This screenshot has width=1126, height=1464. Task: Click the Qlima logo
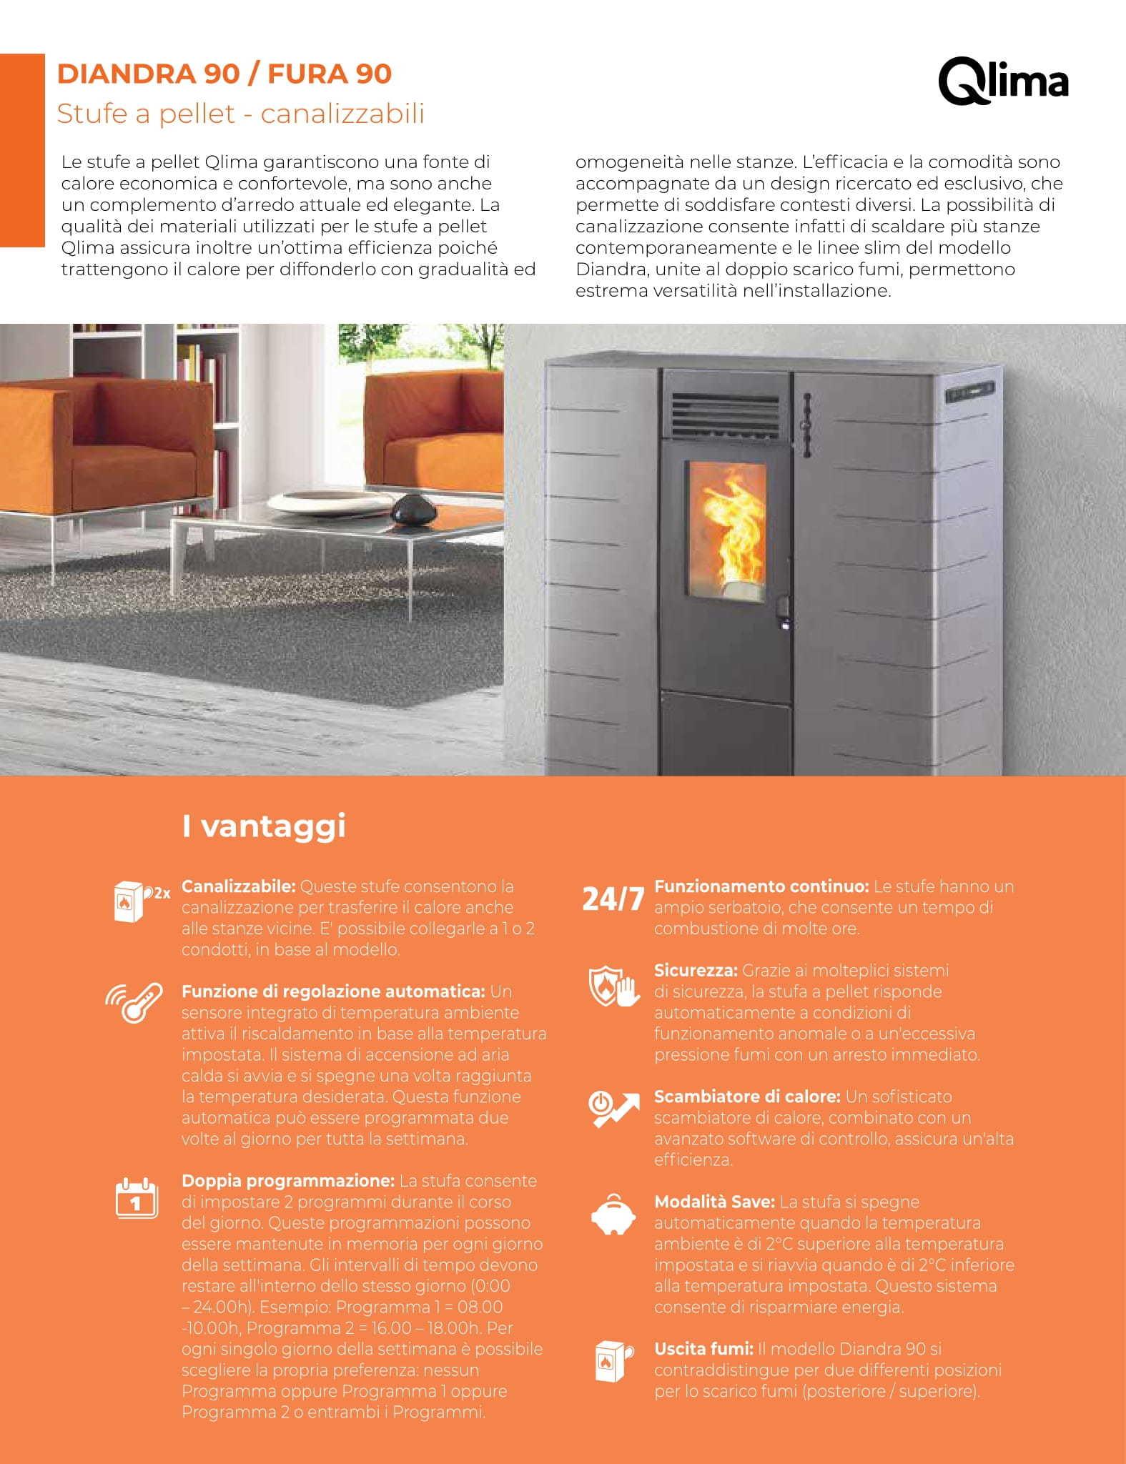(x=1002, y=84)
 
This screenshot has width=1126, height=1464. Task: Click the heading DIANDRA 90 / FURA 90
(x=224, y=74)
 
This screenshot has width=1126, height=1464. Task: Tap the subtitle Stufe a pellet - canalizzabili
(x=240, y=114)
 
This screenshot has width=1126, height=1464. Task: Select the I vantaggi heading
(x=264, y=826)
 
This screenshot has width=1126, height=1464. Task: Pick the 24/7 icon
(x=613, y=899)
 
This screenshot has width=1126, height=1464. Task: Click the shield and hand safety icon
(x=613, y=987)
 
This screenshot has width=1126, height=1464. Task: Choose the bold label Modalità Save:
(x=714, y=1202)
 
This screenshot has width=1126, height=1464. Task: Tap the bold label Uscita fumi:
(x=703, y=1349)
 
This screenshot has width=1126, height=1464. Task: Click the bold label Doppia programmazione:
(x=288, y=1181)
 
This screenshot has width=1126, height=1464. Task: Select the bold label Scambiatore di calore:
(x=747, y=1097)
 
